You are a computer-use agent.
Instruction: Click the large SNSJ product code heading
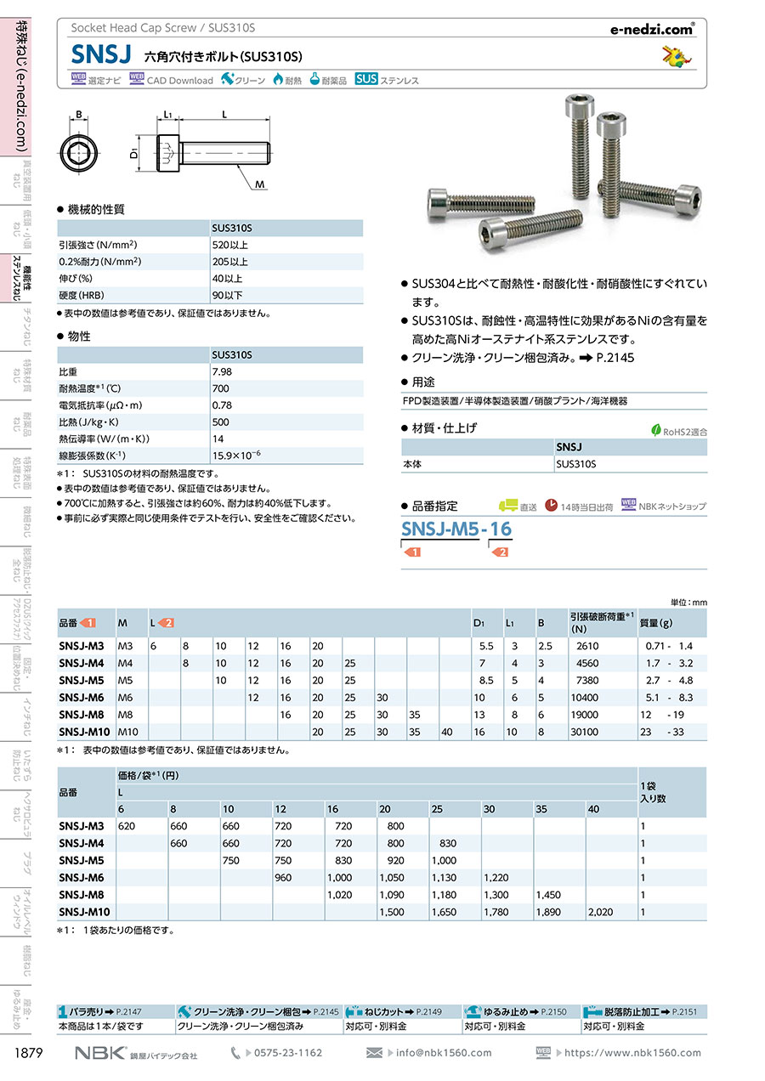click(101, 56)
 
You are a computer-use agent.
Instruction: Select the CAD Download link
click(172, 81)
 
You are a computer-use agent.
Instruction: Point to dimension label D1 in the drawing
click(134, 155)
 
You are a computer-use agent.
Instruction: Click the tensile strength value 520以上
click(230, 245)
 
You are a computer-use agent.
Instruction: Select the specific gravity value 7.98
click(222, 371)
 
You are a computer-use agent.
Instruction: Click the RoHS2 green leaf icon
click(655, 430)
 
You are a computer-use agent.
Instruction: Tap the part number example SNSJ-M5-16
click(456, 529)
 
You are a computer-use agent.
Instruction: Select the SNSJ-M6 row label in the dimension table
click(82, 697)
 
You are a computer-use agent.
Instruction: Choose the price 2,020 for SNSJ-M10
click(600, 912)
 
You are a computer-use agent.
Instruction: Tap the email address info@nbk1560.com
click(444, 1053)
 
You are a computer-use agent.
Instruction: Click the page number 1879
click(30, 1053)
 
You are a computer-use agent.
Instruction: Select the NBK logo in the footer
click(100, 1053)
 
